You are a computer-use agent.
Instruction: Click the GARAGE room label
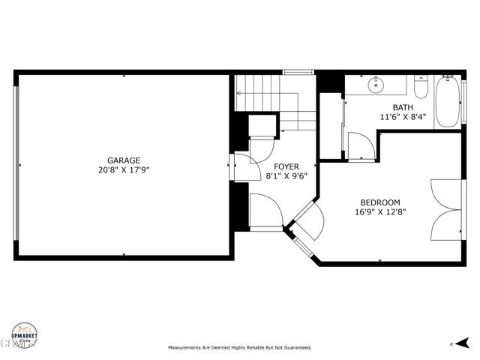[123, 160]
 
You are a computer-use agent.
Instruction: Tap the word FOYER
[286, 166]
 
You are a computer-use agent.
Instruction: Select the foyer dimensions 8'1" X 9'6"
[286, 176]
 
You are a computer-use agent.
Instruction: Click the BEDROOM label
[379, 202]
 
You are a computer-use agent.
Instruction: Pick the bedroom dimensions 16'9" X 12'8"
[379, 212]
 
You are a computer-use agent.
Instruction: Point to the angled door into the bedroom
[308, 217]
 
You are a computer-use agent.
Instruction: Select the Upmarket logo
[25, 335]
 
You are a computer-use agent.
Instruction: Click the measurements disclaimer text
[239, 348]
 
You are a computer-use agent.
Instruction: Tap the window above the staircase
[297, 72]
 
